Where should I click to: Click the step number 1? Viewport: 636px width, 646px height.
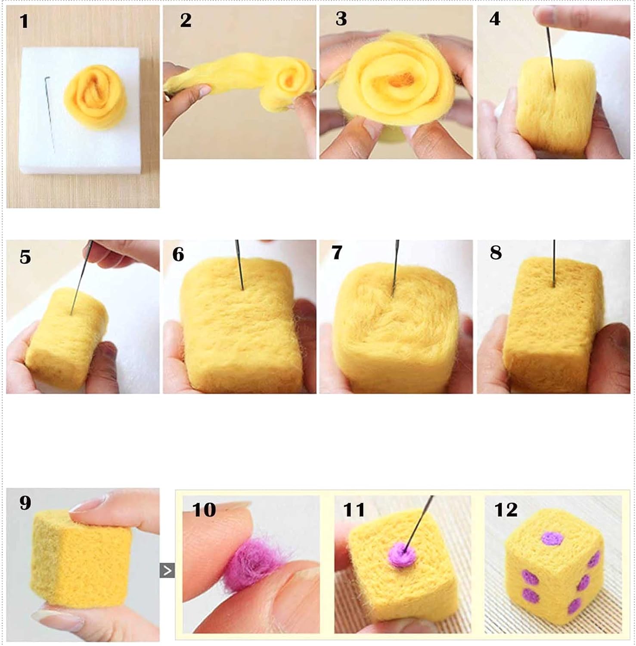pos(24,21)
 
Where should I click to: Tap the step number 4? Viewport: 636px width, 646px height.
pos(495,19)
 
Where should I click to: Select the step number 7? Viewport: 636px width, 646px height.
pos(337,252)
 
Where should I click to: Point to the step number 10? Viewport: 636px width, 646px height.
pos(204,510)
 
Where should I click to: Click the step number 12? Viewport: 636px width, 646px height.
pos(506,510)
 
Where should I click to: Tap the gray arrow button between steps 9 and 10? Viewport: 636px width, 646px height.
pos(167,571)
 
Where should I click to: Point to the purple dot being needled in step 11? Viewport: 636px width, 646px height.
pos(402,555)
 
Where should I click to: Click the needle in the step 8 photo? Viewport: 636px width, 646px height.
pos(554,263)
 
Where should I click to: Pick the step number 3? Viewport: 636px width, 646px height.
pos(341,19)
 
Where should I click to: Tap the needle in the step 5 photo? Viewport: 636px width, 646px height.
pos(81,278)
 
